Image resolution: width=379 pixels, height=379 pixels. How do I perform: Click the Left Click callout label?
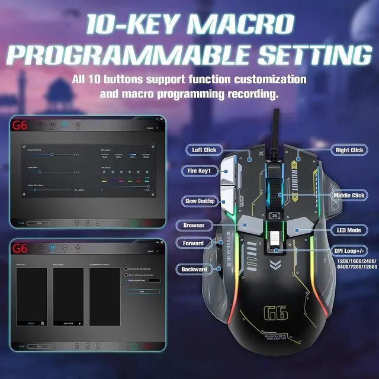point(204,150)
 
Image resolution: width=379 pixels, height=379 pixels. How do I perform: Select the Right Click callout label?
point(348,150)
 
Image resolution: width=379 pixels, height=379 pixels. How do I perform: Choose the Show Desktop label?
point(198,201)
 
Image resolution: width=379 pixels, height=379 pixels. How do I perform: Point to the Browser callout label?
point(193,226)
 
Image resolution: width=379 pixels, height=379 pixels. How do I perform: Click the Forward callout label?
point(193,243)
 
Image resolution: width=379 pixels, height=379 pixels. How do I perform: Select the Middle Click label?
point(349,195)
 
